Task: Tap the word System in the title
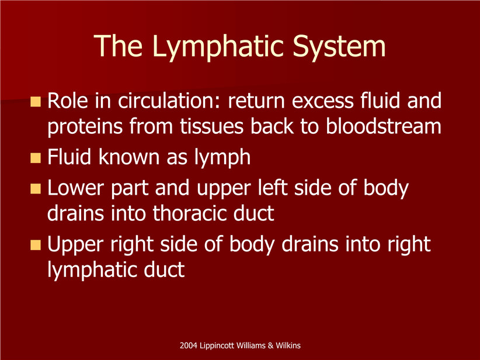[x=339, y=47]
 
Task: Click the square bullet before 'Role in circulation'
[x=36, y=102]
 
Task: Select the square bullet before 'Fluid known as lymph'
[x=36, y=158]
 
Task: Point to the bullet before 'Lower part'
[x=36, y=189]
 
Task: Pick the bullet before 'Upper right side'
[x=36, y=245]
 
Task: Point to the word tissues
[x=211, y=127]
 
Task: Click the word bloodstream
[x=383, y=126]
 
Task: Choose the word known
[x=130, y=157]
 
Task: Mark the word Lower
[x=75, y=188]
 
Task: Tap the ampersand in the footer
[x=270, y=345]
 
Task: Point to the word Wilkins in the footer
[x=288, y=345]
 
